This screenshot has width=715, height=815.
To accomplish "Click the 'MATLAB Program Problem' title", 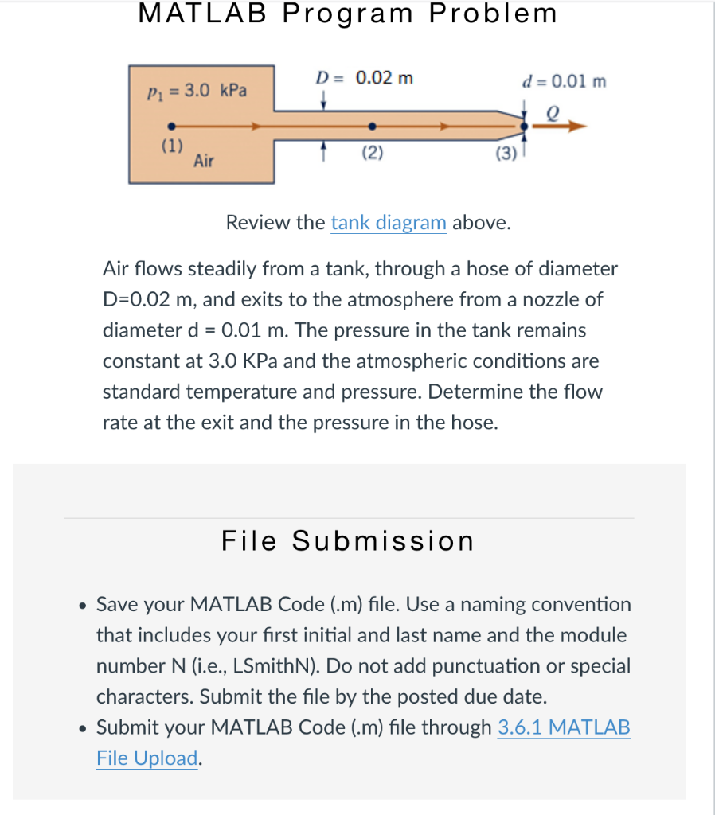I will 348,14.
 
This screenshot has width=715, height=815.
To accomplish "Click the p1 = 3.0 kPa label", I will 197,91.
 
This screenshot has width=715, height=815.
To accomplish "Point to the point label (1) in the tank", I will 171,146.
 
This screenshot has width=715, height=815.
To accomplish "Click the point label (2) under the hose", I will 372,153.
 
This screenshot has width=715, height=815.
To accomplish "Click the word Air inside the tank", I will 204,162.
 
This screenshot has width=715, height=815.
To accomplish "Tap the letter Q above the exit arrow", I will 549,114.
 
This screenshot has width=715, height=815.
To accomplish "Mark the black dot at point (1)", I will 171,126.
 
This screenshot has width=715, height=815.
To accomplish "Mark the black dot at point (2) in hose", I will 372,126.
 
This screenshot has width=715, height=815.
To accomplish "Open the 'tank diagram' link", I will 389,222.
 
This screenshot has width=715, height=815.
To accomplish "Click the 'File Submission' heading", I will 348,541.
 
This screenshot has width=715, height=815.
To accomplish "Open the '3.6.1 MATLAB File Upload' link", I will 563,727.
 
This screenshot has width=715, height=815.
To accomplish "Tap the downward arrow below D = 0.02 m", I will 323,101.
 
